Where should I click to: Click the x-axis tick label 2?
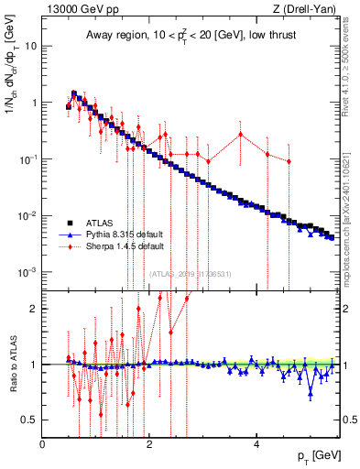150,444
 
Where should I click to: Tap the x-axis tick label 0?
43,444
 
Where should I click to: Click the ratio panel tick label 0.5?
30,420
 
